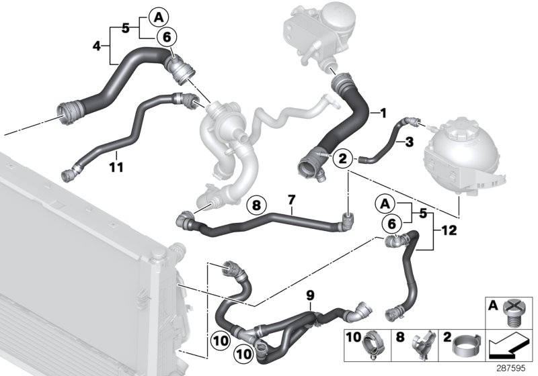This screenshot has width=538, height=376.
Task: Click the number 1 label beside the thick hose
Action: coord(383,113)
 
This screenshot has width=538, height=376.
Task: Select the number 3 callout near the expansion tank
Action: coord(409,142)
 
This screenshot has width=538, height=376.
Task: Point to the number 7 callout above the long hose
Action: coord(291,200)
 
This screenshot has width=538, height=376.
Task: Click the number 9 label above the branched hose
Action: coord(309,295)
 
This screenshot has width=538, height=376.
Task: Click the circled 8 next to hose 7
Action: coord(256,205)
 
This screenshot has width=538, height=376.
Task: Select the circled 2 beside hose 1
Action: coord(342,158)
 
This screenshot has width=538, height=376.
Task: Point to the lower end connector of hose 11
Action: coord(68,176)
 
